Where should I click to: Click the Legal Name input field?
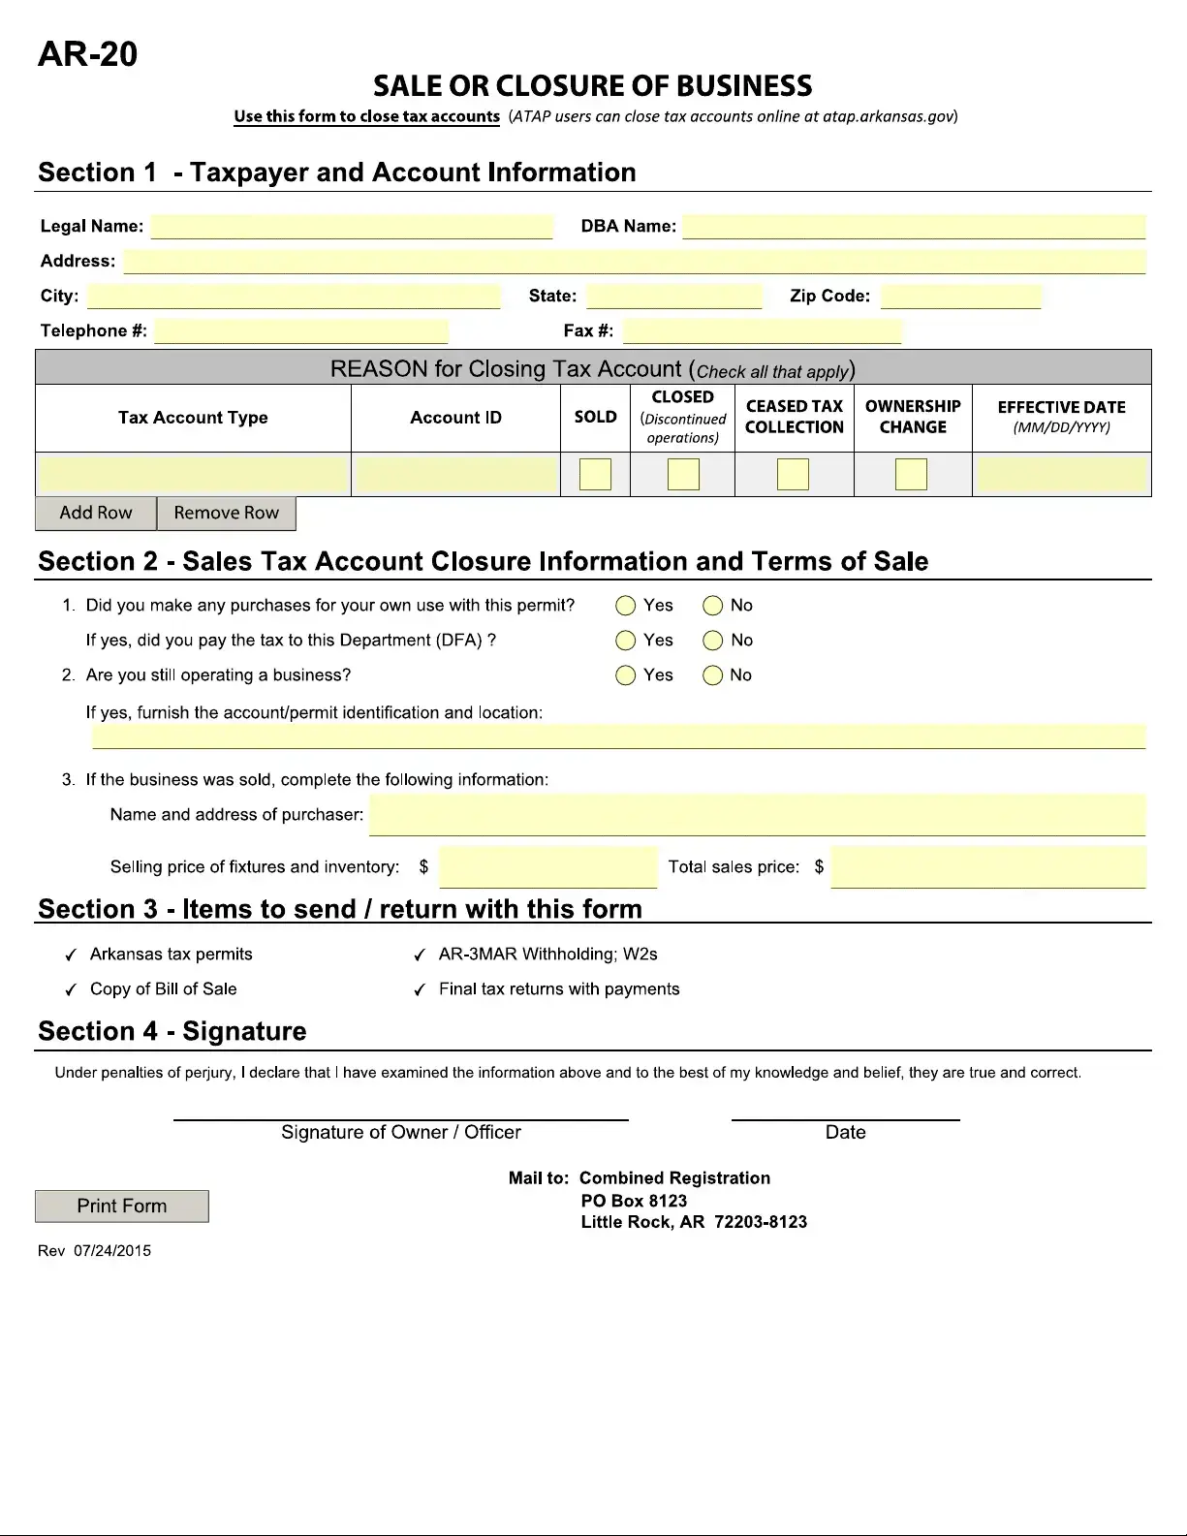pyautogui.click(x=352, y=227)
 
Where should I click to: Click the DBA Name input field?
pyautogui.click(x=914, y=227)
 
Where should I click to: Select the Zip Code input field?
pyautogui.click(x=960, y=297)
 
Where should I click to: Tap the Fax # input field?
pyautogui.click(x=762, y=331)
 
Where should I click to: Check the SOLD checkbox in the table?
pyautogui.click(x=595, y=475)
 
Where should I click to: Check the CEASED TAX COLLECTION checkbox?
pyautogui.click(x=793, y=475)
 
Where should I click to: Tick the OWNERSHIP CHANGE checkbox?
pyautogui.click(x=911, y=475)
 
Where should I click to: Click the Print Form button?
pyautogui.click(x=122, y=1207)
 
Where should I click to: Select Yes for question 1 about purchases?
pyautogui.click(x=626, y=606)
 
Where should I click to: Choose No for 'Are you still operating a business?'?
pyautogui.click(x=713, y=675)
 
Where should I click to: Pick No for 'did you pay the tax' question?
pyautogui.click(x=713, y=641)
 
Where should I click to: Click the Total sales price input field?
pyautogui.click(x=988, y=867)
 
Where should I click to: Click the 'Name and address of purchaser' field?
pyautogui.click(x=757, y=815)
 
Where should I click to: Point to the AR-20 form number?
pyautogui.click(x=87, y=54)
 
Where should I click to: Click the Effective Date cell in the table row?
pyautogui.click(x=1061, y=475)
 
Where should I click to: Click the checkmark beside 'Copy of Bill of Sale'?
pyautogui.click(x=71, y=990)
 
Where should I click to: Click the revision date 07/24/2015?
pyautogui.click(x=112, y=1251)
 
